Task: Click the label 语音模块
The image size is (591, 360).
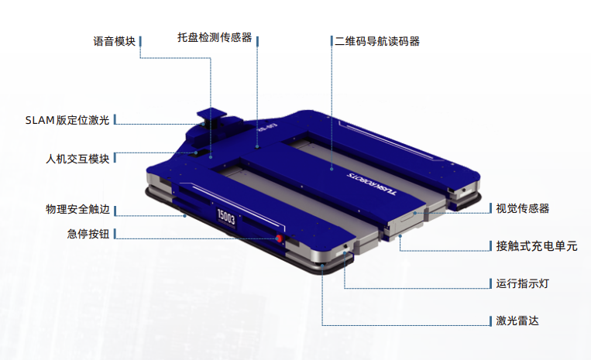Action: [x=114, y=42]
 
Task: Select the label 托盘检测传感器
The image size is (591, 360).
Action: [x=215, y=38]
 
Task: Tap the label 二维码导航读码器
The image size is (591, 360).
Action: [x=377, y=42]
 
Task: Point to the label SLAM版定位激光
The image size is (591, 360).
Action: [x=67, y=120]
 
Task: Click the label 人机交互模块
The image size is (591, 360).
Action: [x=77, y=159]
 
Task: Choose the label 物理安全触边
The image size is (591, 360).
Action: [x=77, y=209]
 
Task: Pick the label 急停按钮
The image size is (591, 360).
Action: [x=88, y=234]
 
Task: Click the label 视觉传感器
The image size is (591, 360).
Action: [x=522, y=208]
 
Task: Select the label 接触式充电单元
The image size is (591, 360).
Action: [x=537, y=246]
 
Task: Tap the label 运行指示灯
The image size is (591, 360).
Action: [x=522, y=283]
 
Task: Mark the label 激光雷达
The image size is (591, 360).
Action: [x=517, y=321]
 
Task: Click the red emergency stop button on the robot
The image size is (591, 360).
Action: [x=279, y=238]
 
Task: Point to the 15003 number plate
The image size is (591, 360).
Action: [x=226, y=217]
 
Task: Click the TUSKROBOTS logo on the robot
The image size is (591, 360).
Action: [x=371, y=184]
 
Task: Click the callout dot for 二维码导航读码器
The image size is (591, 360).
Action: [x=332, y=169]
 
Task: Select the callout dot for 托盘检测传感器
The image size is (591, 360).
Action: [x=257, y=146]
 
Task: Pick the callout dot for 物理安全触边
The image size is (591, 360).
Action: [x=184, y=216]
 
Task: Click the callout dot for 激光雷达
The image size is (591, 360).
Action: [x=323, y=265]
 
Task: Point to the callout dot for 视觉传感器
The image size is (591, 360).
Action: [x=415, y=213]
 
